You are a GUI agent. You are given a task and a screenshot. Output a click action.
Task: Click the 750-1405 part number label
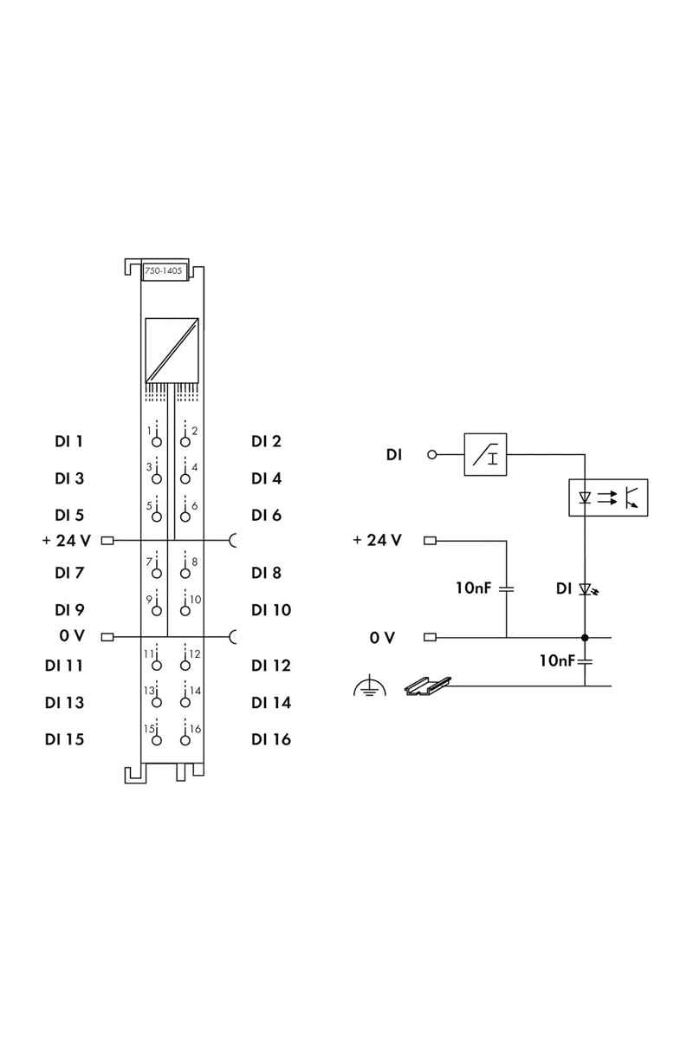click(164, 270)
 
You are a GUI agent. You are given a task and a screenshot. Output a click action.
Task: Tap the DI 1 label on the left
click(68, 441)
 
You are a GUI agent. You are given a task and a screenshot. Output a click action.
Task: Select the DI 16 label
click(271, 739)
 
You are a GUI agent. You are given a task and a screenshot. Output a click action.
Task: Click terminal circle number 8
click(185, 574)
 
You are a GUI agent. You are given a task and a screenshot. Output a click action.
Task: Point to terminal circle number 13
click(157, 703)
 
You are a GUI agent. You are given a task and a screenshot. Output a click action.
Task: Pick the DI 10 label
click(271, 610)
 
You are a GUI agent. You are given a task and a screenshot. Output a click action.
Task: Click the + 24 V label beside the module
click(67, 541)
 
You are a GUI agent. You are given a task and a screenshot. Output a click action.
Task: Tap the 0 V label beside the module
click(72, 635)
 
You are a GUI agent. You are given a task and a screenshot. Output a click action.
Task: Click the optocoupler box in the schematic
click(608, 497)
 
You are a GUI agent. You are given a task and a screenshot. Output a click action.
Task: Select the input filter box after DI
click(485, 454)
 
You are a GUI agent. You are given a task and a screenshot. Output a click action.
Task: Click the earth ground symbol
click(370, 686)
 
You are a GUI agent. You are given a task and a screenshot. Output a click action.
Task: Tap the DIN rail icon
click(428, 686)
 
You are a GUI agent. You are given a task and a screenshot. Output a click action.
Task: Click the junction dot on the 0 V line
click(585, 638)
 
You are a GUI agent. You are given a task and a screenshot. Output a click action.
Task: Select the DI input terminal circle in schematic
click(431, 454)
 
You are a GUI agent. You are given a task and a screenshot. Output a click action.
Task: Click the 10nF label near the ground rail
click(557, 660)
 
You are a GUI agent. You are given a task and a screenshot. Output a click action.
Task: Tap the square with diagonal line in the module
click(172, 349)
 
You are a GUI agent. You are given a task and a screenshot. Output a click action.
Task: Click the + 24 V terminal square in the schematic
click(430, 541)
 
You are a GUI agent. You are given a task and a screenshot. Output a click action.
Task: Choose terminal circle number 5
click(157, 517)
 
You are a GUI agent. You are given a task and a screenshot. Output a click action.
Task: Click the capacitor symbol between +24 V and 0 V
click(507, 588)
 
